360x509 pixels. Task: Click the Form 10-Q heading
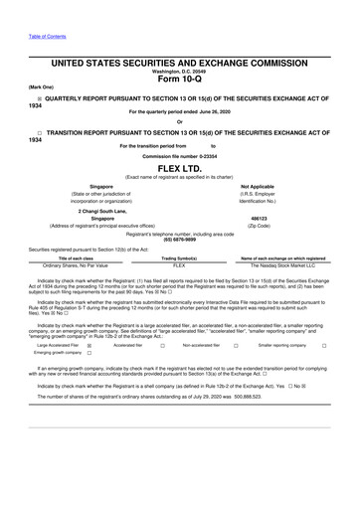[179, 81]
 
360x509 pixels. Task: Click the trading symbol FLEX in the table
[179, 265]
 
